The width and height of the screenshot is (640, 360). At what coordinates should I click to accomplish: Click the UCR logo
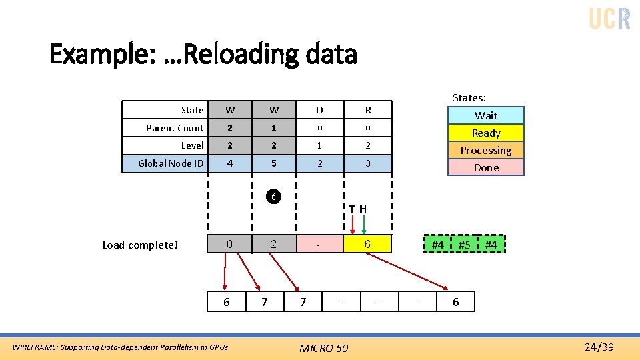pyautogui.click(x=609, y=18)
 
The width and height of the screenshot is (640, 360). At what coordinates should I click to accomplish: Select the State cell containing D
pyautogui.click(x=319, y=110)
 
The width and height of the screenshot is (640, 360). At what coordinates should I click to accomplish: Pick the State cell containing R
pyautogui.click(x=368, y=110)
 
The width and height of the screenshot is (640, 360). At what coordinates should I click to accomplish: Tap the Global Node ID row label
pyautogui.click(x=171, y=163)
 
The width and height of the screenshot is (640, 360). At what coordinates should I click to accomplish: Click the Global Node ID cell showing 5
pyautogui.click(x=274, y=163)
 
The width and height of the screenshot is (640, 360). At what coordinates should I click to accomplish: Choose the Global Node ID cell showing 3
pyautogui.click(x=368, y=163)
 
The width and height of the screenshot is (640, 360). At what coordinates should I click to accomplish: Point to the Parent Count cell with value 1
pyautogui.click(x=274, y=128)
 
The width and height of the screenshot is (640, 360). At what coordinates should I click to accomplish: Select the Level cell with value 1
pyautogui.click(x=319, y=145)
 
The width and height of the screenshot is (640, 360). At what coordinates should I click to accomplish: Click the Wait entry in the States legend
pyautogui.click(x=486, y=115)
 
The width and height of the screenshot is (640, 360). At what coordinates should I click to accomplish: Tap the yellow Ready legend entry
pyautogui.click(x=486, y=133)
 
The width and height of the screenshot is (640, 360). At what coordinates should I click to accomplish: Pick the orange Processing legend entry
pyautogui.click(x=486, y=150)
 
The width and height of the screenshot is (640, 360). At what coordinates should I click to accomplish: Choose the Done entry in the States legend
pyautogui.click(x=486, y=167)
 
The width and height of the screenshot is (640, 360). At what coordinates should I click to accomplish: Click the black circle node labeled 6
pyautogui.click(x=272, y=197)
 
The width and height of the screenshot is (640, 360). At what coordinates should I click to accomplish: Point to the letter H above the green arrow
pyautogui.click(x=363, y=209)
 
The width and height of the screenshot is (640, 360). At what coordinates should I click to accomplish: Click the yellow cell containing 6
pyautogui.click(x=367, y=245)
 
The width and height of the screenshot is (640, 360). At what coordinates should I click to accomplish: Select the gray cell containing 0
pyautogui.click(x=229, y=245)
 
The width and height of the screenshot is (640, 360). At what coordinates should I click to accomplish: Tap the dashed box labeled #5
pyautogui.click(x=465, y=245)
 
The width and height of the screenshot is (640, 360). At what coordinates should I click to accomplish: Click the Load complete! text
pyautogui.click(x=140, y=245)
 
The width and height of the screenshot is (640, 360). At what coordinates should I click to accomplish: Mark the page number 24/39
pyautogui.click(x=598, y=347)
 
